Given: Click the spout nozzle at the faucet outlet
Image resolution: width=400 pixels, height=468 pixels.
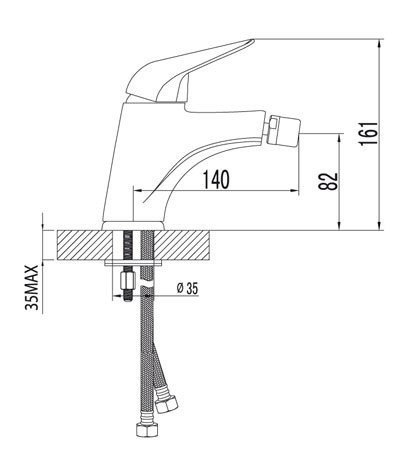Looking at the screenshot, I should (x=281, y=131).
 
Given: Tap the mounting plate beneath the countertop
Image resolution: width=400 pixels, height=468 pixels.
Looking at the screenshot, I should (x=138, y=265).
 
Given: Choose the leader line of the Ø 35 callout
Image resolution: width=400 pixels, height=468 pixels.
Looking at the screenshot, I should (x=164, y=292).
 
